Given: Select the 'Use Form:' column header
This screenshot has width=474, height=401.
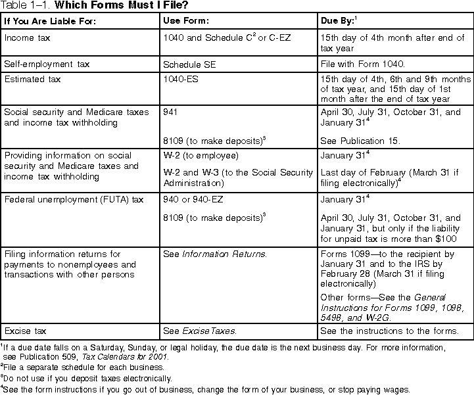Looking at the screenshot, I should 185,21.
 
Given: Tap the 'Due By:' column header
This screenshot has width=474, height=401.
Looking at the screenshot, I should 341,21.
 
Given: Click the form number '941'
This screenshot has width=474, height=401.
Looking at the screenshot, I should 170,112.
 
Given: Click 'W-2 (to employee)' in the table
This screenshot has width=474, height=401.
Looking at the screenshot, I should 200,156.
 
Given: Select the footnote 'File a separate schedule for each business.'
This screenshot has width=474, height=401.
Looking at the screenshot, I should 82,367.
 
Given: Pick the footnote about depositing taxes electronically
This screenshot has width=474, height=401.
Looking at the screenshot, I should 87,378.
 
